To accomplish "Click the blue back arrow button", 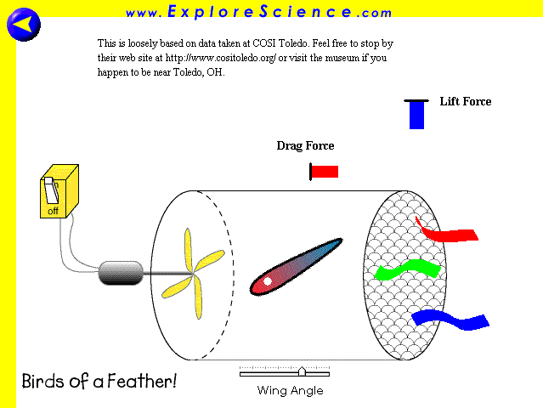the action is click(24, 25).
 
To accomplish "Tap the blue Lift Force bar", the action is click(416, 116).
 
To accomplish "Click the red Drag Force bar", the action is click(325, 172).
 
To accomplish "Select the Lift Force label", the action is click(466, 101).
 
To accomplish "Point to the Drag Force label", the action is click(305, 146).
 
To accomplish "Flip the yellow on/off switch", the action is click(51, 190).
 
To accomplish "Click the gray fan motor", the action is click(121, 273).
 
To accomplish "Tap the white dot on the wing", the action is click(268, 281).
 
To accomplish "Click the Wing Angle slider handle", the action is click(302, 371).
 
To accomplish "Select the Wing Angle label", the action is click(291, 391).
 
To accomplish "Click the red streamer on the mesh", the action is click(447, 231).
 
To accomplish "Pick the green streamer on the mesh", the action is click(408, 269).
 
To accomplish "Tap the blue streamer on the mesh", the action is click(450, 320).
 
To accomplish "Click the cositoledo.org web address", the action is click(221, 58).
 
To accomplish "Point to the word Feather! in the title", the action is click(142, 381).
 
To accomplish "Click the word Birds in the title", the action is click(43, 381).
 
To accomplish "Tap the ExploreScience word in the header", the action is click(260, 11).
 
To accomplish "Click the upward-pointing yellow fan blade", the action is click(188, 250).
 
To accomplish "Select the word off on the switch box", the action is click(53, 211).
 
